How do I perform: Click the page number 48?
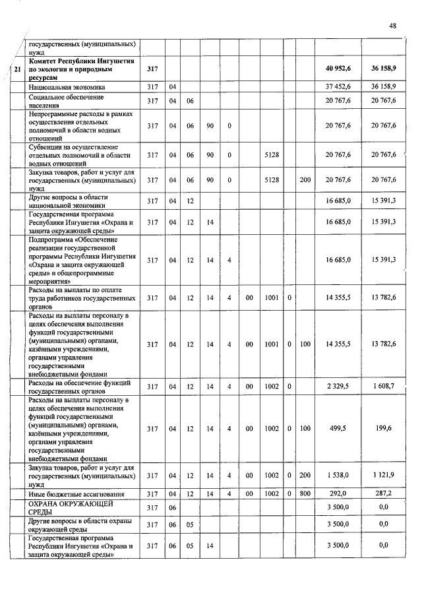pyautogui.click(x=392, y=26)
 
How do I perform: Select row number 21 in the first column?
pyautogui.click(x=17, y=69)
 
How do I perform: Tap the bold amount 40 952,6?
pyautogui.click(x=338, y=69)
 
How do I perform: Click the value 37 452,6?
pyautogui.click(x=338, y=86)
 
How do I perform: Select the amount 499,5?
pyautogui.click(x=338, y=429)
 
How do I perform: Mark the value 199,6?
pyautogui.click(x=383, y=429)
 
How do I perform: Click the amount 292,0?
pyautogui.click(x=338, y=493)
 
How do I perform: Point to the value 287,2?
pyautogui.click(x=383, y=493)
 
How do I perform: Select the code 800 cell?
pyautogui.click(x=305, y=493)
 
